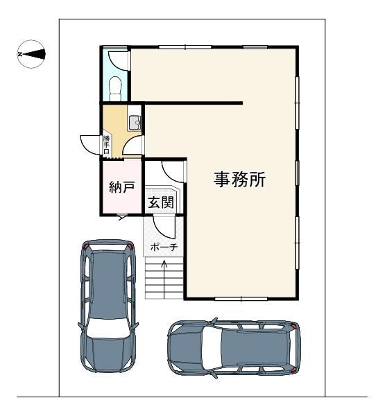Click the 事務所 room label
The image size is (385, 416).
(x=239, y=180)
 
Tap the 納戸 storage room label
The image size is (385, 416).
(x=121, y=187)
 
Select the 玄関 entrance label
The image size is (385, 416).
(x=161, y=202)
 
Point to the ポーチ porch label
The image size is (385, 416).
(x=164, y=248)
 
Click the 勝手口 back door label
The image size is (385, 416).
(x=106, y=145)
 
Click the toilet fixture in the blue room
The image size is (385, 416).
(x=115, y=88)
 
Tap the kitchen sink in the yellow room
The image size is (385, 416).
(x=135, y=123)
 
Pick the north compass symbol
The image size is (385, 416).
(x=31, y=54)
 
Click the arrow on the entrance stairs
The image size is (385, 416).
(x=164, y=279)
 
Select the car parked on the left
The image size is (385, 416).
(x=108, y=306)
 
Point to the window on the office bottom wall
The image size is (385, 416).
(x=241, y=299)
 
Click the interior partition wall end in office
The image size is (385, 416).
(x=241, y=103)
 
